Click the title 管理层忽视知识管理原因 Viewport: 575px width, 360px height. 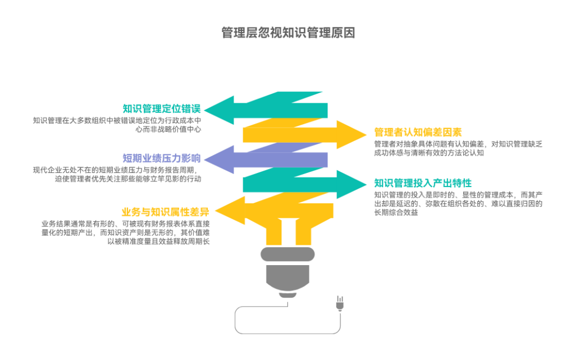(x=288, y=33)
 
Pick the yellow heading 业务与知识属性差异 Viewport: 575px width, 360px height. (x=165, y=212)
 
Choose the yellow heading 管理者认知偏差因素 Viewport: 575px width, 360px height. (x=418, y=133)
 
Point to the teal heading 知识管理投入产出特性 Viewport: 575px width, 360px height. (x=423, y=183)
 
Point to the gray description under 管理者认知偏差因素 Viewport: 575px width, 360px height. (x=458, y=148)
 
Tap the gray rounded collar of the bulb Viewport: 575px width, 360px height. (x=287, y=254)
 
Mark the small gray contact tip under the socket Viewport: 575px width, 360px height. (x=287, y=295)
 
